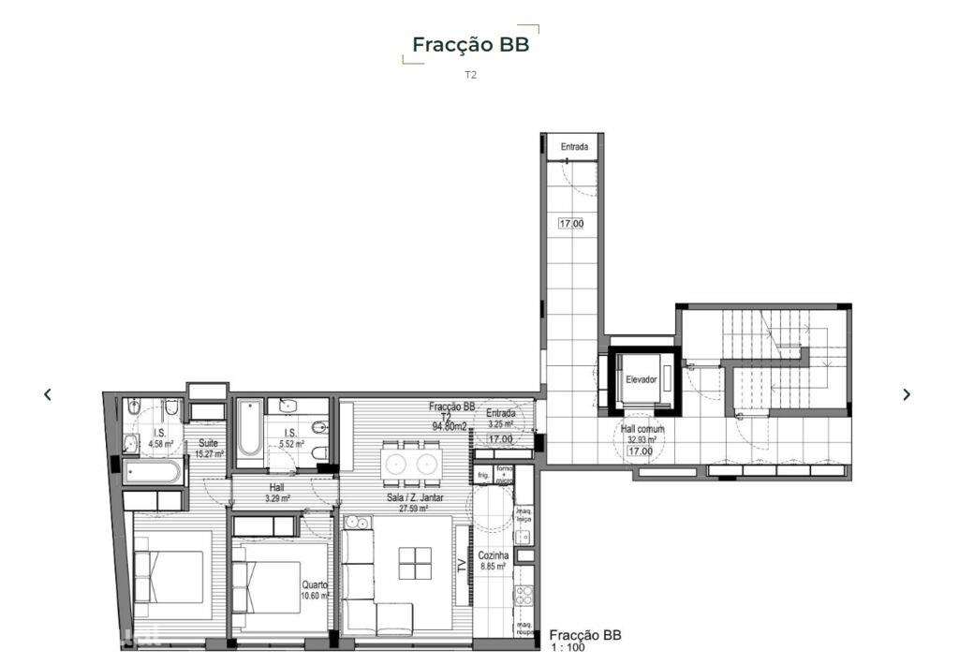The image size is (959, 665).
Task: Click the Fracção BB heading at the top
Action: click(470, 45)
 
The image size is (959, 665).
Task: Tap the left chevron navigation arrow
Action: click(48, 394)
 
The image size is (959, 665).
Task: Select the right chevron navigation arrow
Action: click(906, 394)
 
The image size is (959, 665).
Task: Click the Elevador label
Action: click(642, 379)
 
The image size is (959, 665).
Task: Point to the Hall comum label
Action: click(642, 429)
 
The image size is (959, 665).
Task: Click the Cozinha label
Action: click(493, 554)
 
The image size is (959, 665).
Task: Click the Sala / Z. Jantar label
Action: click(415, 497)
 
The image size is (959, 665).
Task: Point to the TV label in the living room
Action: click(461, 565)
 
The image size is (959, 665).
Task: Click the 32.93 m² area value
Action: click(642, 439)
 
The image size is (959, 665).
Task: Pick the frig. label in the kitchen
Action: click(483, 475)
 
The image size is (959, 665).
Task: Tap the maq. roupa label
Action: click(524, 629)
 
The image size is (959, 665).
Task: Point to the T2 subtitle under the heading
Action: click(470, 75)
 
